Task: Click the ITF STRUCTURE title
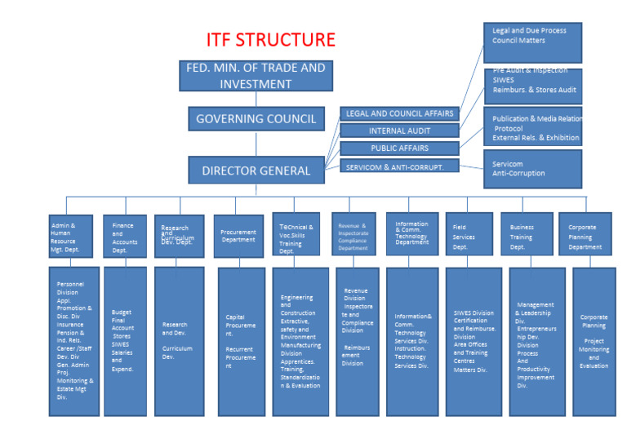click(270, 40)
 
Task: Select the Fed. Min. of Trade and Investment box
click(252, 76)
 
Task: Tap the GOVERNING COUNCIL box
click(256, 119)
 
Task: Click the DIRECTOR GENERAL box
click(256, 171)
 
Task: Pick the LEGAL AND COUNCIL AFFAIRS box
click(399, 114)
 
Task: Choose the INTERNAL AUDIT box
click(399, 131)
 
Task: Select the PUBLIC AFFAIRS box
click(399, 148)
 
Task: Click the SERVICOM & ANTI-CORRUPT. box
click(399, 166)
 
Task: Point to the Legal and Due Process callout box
click(532, 42)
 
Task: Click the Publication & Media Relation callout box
click(532, 127)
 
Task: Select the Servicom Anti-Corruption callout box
click(532, 168)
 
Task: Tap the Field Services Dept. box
click(469, 235)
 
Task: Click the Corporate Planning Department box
click(585, 235)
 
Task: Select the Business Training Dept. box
click(526, 235)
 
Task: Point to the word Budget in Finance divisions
click(122, 312)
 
